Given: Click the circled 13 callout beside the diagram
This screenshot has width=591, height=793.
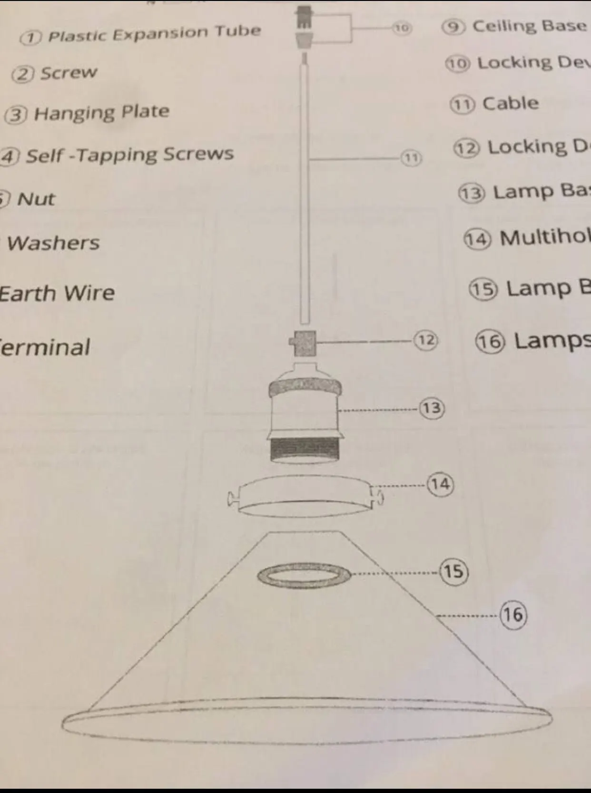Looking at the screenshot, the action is [432, 408].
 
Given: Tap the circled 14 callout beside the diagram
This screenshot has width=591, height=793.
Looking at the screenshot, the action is [440, 484].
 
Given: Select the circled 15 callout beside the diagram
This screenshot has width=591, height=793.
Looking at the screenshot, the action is [453, 571].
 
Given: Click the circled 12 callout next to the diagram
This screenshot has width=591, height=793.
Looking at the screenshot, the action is [426, 340].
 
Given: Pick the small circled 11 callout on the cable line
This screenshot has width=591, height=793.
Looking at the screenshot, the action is [411, 157].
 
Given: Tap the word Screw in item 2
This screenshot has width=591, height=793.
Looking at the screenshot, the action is [69, 73].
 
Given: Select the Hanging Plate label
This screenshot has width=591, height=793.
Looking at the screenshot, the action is [101, 112].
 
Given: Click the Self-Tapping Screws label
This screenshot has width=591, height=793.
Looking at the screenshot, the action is [129, 154].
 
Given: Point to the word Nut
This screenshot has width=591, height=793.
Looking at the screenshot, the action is [36, 199].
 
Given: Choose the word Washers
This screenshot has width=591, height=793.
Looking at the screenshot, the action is [53, 243].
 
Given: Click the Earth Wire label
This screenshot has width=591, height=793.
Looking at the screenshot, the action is [57, 293].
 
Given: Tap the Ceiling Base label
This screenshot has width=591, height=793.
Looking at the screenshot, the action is [529, 26].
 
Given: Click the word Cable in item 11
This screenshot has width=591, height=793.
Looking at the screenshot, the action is [511, 103].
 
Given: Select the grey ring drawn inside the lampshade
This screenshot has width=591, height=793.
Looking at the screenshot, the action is [304, 576].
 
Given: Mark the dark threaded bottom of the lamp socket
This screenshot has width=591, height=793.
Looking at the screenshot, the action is [305, 450].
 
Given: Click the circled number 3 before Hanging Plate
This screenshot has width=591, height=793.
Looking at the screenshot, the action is [16, 115].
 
